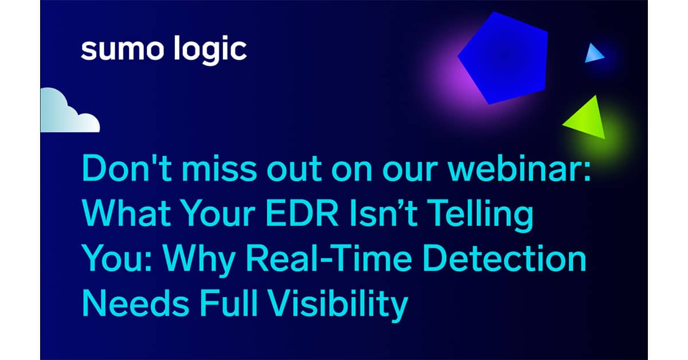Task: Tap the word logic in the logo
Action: [208, 51]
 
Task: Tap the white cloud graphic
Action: [68, 112]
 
